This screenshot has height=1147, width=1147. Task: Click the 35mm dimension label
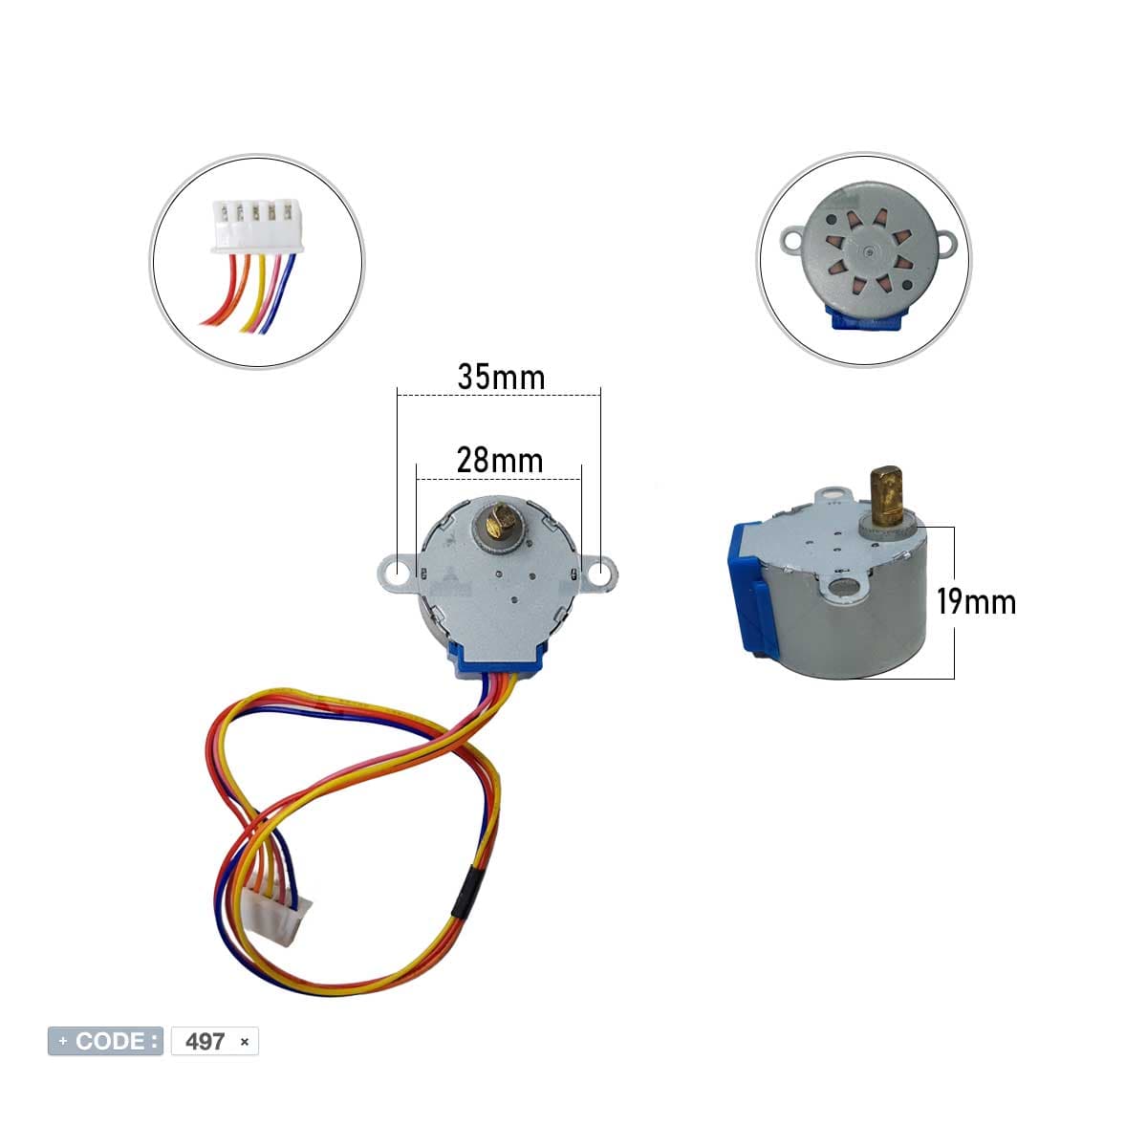point(501,377)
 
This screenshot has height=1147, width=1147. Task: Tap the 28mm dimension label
point(500,460)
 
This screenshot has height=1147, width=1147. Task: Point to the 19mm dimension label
point(976,601)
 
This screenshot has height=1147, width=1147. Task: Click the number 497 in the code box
point(205,1042)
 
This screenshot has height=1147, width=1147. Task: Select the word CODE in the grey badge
point(110,1041)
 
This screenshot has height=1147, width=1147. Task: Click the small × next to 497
point(244,1042)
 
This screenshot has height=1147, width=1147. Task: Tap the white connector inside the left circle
point(258,227)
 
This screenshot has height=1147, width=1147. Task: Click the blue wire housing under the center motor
point(498,662)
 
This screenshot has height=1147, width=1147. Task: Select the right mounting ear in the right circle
point(946,243)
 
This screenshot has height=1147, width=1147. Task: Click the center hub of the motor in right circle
point(870,252)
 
